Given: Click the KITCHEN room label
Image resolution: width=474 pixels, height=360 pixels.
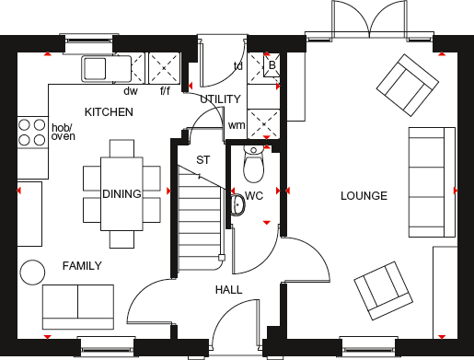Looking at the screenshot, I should click(x=109, y=112).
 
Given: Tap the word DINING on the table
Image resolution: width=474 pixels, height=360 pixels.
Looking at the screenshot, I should click(x=121, y=194).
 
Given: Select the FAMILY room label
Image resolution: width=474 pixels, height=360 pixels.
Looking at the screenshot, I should click(x=82, y=266).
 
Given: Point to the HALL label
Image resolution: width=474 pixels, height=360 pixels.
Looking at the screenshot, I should click(x=229, y=290).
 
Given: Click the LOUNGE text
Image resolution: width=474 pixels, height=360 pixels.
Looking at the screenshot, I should click(x=364, y=196).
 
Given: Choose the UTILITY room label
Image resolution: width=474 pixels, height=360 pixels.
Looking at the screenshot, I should click(x=220, y=99).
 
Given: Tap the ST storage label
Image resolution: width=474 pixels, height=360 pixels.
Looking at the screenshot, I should click(x=202, y=160).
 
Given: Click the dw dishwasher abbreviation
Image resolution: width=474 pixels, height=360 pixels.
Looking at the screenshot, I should click(x=130, y=90).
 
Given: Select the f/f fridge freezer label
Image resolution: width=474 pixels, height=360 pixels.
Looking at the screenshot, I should click(x=166, y=91).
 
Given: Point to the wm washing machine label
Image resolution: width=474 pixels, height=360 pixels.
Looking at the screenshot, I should click(x=237, y=125).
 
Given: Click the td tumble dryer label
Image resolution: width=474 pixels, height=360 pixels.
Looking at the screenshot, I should click(x=237, y=65).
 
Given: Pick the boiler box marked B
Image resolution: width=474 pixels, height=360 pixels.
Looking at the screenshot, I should click(x=272, y=65).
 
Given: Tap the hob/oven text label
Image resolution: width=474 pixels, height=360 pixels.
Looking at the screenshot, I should click(x=63, y=133).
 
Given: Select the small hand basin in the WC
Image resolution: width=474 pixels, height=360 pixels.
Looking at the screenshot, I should click(x=237, y=203).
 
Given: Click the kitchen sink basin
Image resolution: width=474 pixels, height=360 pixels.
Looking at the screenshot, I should click(x=96, y=66).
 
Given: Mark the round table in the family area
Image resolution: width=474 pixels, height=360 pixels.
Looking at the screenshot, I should click(x=32, y=272).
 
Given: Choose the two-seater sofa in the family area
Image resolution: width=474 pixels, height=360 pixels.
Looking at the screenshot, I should click(x=78, y=302).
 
